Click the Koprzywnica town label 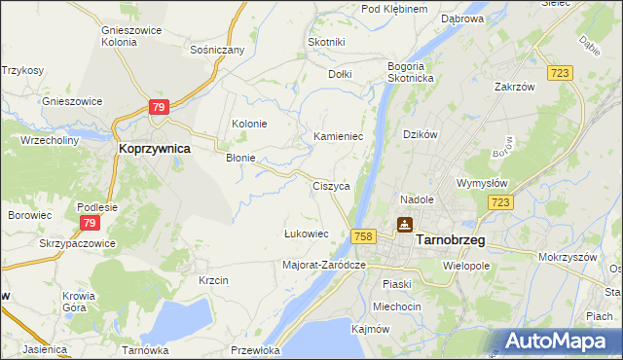click(154, 149)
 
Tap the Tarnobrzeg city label click(452, 239)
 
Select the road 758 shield click(364, 236)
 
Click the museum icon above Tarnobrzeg click(404, 225)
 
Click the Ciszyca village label click(331, 185)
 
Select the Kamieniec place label click(338, 137)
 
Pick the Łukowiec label click(306, 234)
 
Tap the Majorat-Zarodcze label click(323, 264)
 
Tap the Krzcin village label click(213, 280)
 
